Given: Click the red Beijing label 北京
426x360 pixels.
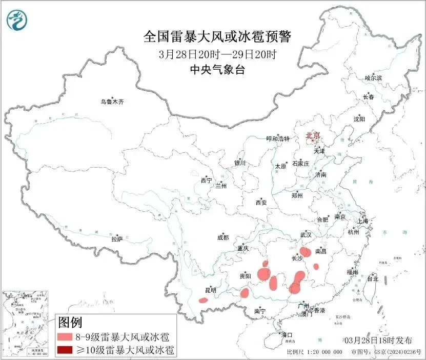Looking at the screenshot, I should [313, 135].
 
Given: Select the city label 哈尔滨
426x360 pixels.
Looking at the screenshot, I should [373, 78].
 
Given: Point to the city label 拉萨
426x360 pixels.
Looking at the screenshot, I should [117, 238].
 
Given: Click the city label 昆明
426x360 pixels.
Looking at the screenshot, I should [210, 290].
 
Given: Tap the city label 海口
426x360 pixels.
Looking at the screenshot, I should [287, 335].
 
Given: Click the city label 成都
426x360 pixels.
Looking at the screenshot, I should [223, 237].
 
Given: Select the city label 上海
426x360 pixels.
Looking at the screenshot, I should [363, 221].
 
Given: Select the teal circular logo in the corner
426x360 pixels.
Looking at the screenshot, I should [17, 20].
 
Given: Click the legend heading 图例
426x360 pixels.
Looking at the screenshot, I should [70, 322].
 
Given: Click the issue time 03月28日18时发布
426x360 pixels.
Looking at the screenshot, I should [377, 340].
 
